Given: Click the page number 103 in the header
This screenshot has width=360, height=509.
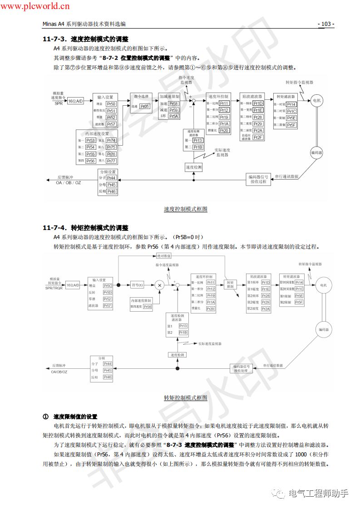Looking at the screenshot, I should [326, 24].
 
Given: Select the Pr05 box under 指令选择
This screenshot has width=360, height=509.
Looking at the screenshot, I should [144, 106].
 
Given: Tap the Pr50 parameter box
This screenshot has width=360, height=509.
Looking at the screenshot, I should [111, 104].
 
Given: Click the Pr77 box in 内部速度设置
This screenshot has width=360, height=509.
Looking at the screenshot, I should [111, 161].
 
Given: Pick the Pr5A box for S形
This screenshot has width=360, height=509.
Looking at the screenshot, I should [173, 117].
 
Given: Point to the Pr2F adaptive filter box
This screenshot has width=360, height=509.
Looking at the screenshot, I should [257, 137].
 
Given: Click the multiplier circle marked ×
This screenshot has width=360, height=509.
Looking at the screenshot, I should [159, 285].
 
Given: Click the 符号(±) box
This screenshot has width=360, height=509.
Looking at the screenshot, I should [137, 285].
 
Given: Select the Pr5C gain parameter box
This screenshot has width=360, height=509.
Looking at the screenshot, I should [107, 286].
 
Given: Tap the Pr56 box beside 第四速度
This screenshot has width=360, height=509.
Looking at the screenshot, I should [147, 307].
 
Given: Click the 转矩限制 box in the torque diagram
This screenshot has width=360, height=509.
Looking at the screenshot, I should [230, 284].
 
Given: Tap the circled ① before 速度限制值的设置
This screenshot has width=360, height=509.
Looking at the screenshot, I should [45, 416].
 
